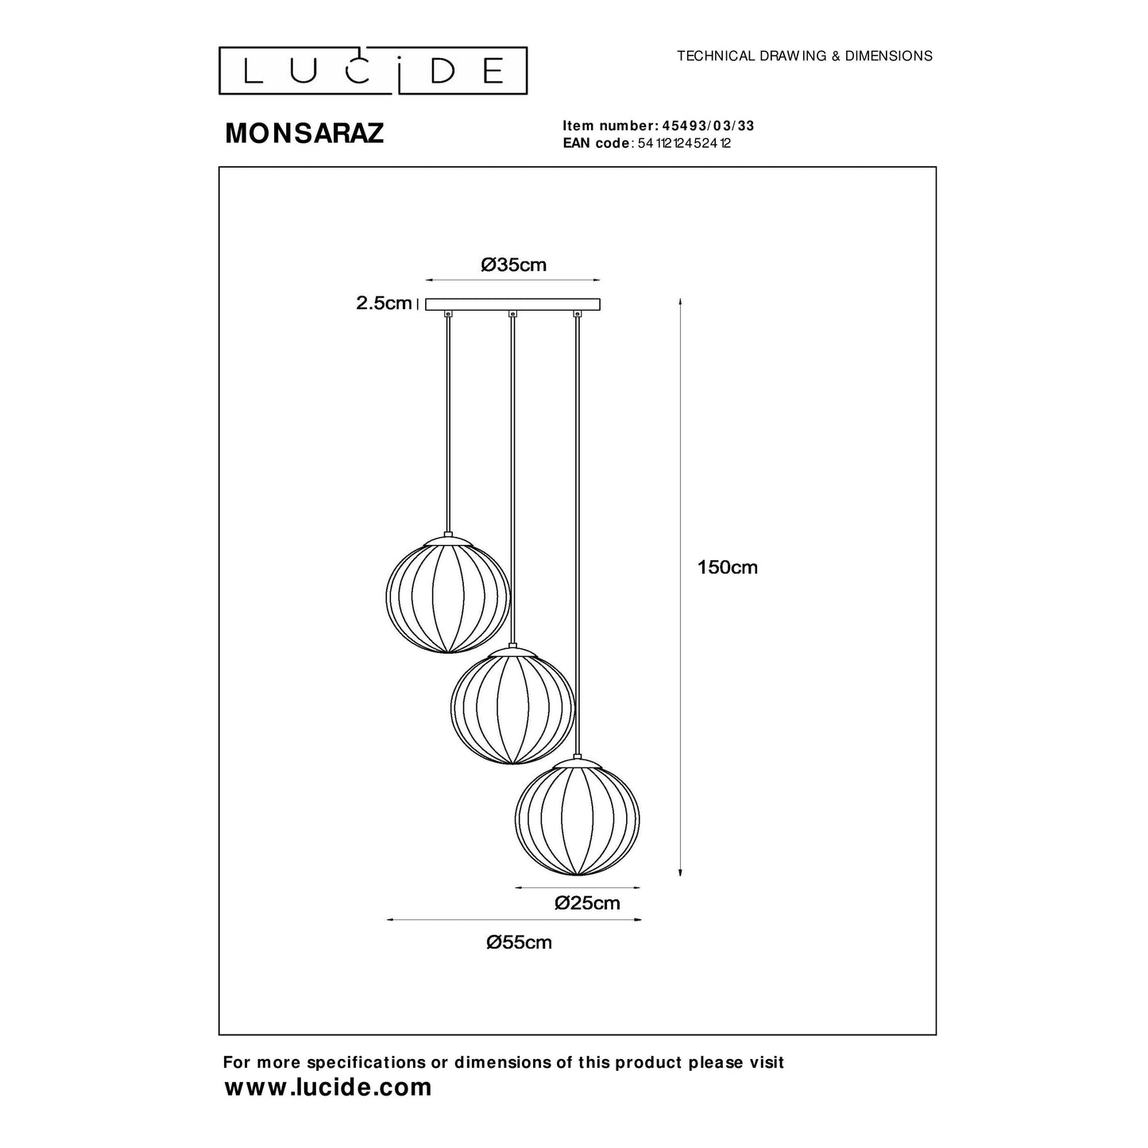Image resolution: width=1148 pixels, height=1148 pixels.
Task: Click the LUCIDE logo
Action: (x=373, y=71)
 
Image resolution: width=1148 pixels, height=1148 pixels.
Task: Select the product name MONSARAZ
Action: (x=304, y=133)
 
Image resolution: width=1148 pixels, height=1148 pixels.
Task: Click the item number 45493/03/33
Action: (x=709, y=126)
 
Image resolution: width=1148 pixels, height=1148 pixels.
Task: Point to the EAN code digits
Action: (x=684, y=143)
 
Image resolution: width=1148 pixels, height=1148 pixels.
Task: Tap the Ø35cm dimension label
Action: (x=513, y=265)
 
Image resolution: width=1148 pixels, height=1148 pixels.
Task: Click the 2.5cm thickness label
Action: (x=385, y=303)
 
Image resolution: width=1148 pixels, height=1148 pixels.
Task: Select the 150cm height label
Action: (x=728, y=567)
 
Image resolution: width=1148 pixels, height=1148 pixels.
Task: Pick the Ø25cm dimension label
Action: (x=587, y=903)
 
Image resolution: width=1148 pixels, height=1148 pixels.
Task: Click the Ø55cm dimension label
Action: (x=519, y=942)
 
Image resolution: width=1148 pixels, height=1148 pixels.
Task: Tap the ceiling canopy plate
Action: (x=513, y=304)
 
